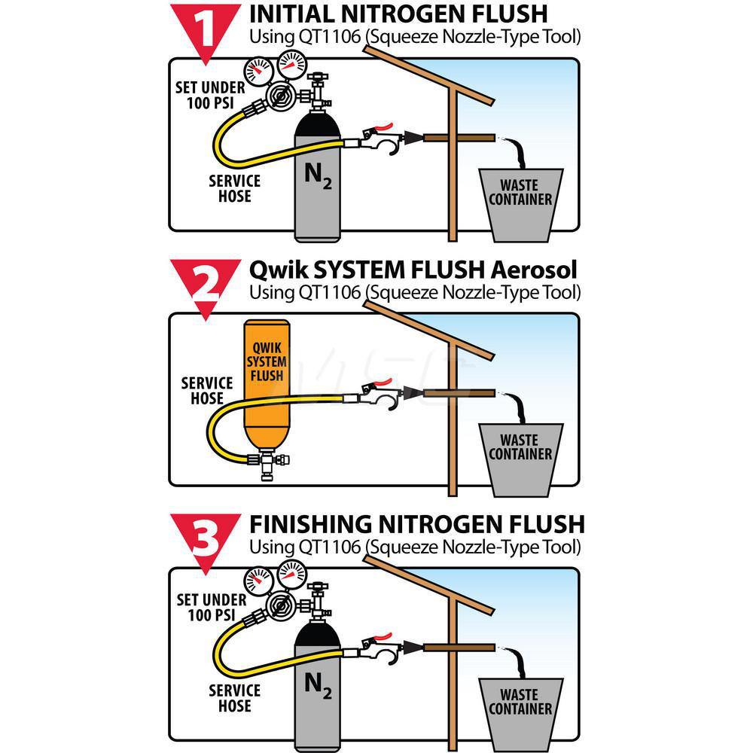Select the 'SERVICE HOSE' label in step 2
(x=206, y=390)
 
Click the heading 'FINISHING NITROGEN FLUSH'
(x=416, y=523)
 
